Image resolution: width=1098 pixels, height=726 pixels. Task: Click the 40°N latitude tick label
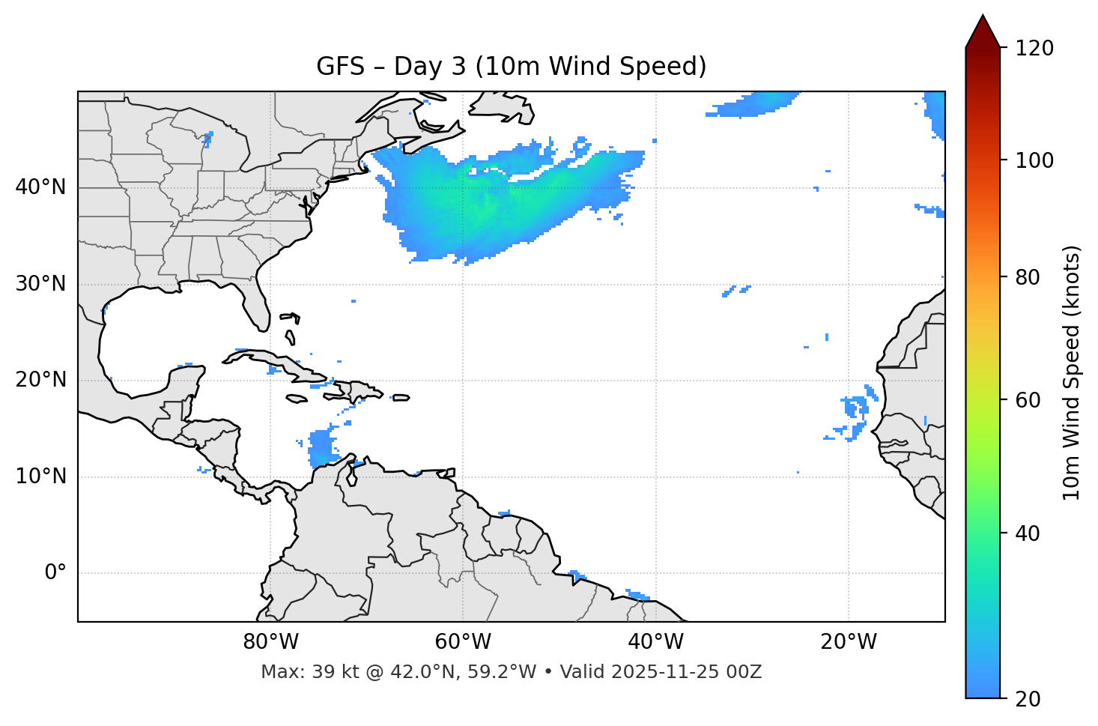pyautogui.click(x=40, y=187)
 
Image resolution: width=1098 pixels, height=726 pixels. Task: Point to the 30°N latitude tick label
pyautogui.click(x=40, y=284)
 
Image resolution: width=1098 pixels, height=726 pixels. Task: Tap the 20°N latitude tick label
pyautogui.click(x=40, y=380)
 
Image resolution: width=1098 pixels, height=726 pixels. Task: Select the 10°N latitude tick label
pyautogui.click(x=40, y=477)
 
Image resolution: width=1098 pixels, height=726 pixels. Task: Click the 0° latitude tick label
pyautogui.click(x=55, y=573)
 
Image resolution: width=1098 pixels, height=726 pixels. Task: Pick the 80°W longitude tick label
pyautogui.click(x=270, y=642)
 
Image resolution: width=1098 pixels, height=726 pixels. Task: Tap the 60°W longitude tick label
pyautogui.click(x=463, y=642)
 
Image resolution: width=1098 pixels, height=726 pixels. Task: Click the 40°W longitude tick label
pyautogui.click(x=655, y=642)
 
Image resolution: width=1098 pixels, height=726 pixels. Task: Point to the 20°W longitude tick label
pyautogui.click(x=848, y=642)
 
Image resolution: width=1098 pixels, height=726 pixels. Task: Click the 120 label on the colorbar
pyautogui.click(x=1034, y=49)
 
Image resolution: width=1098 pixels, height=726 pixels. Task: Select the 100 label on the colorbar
pyautogui.click(x=1034, y=160)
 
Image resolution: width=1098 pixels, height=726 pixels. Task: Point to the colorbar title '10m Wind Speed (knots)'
pyautogui.click(x=1072, y=372)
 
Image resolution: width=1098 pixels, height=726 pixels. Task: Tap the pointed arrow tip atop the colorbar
pyautogui.click(x=983, y=16)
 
